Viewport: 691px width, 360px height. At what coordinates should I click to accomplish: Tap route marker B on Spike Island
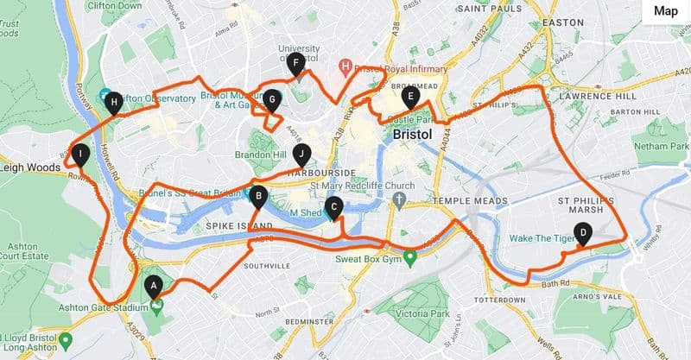click(257, 196)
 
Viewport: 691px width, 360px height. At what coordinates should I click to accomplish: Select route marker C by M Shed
click(335, 207)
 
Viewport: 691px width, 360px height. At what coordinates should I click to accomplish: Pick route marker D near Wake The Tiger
click(583, 232)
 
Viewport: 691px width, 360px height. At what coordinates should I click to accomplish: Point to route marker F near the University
click(295, 63)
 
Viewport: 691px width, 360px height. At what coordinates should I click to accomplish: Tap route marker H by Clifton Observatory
click(113, 103)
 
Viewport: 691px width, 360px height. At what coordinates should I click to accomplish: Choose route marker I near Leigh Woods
click(80, 155)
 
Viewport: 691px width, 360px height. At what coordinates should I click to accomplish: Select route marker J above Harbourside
click(301, 155)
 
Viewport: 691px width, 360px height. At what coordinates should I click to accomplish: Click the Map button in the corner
click(665, 11)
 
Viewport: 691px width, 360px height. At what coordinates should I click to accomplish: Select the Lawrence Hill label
click(608, 97)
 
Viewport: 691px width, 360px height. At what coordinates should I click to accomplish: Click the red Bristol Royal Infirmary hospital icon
click(345, 66)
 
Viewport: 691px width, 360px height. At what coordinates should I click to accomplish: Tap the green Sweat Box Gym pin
click(411, 256)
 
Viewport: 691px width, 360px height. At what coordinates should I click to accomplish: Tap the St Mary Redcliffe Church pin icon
click(399, 200)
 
